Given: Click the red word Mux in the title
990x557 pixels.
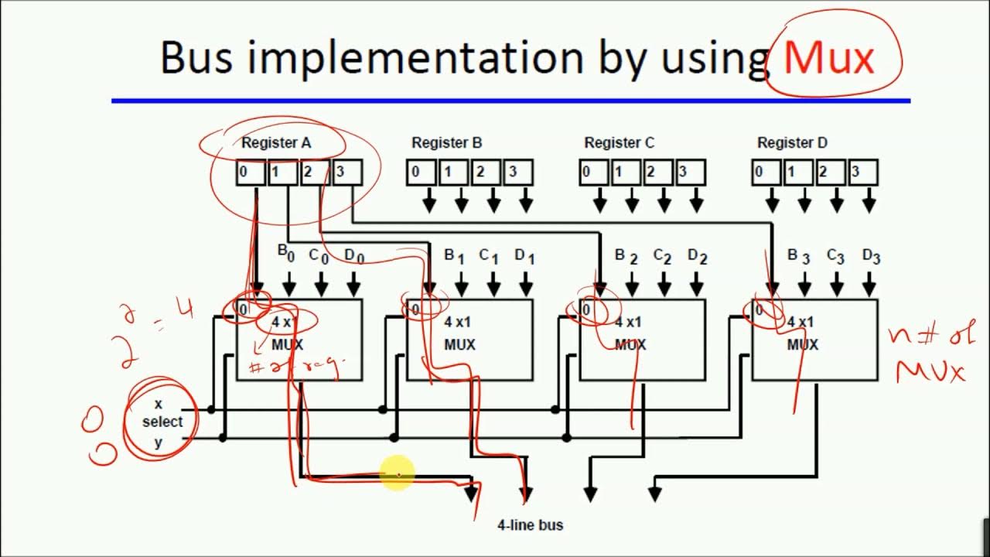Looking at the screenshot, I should pos(829,58).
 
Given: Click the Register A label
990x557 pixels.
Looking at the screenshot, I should pos(276,143).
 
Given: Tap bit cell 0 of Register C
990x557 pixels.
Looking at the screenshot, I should pos(593,173).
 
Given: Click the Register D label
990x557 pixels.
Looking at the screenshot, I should pos(792,143).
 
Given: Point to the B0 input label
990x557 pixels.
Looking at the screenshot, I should pos(285,254).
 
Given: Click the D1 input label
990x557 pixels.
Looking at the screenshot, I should pos(524,255).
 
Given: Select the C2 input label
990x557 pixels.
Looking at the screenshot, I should pos(662,255).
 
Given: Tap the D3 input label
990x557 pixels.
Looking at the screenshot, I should pos(871,255).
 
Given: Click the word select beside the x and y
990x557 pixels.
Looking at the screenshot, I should pos(162,422).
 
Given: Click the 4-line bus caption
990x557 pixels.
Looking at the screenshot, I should pos(530,525).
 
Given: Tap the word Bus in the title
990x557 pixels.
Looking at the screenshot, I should pos(196,58).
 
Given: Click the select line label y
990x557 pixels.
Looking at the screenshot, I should pos(159,442).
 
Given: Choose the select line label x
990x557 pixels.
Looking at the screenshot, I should pos(159,404).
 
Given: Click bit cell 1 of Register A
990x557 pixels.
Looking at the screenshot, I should pos(283,173).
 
